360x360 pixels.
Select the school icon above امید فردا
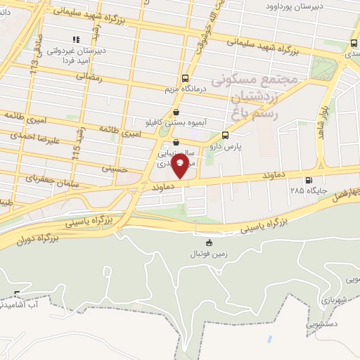pos(77,40)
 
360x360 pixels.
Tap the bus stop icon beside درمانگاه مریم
pos(185,79)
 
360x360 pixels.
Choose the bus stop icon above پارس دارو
pos(225,135)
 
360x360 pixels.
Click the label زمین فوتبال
pos(209,255)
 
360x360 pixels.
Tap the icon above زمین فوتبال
pos(209,243)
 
